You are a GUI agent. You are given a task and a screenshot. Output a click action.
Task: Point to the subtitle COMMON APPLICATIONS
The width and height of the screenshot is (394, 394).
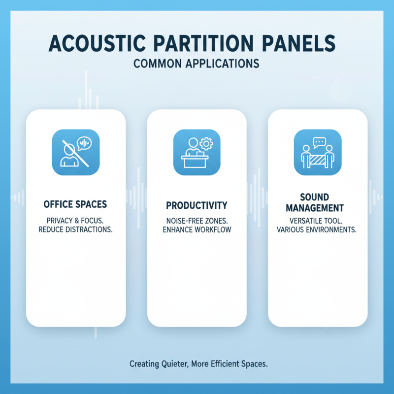click(x=197, y=64)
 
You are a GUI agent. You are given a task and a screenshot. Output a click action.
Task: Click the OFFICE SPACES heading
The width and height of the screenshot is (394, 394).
click(x=75, y=203)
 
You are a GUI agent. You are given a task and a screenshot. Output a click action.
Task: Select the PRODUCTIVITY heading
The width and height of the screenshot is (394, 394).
click(x=197, y=204)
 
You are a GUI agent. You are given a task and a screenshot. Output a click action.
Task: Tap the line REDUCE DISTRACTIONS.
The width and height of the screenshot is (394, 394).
click(x=75, y=230)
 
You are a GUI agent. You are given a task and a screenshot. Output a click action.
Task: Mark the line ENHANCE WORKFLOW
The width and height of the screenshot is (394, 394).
click(x=197, y=230)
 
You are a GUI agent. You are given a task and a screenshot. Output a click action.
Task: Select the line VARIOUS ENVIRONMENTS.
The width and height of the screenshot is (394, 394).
click(x=318, y=230)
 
